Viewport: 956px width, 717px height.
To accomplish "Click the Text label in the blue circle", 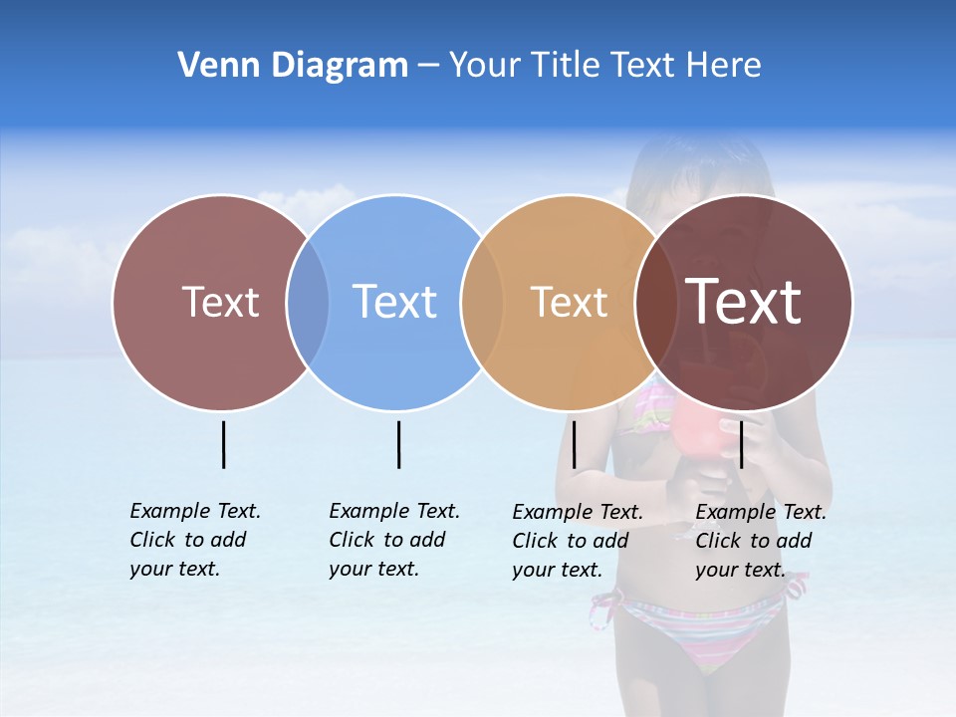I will coord(394,302).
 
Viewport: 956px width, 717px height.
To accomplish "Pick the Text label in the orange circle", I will coord(569,302).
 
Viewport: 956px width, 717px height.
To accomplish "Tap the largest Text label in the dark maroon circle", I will coord(744,301).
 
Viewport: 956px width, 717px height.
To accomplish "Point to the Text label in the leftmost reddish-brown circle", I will coord(220,302).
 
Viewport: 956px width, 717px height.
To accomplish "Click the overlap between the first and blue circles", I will coord(308,302).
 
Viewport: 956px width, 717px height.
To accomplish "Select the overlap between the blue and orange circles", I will coord(482,302).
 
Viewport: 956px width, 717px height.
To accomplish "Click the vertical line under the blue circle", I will coord(398,444).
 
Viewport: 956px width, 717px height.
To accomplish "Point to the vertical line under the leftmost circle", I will coord(224,444).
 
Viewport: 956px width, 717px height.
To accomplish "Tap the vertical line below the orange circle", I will coord(574,444).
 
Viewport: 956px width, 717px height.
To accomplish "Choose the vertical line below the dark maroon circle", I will coord(741,444).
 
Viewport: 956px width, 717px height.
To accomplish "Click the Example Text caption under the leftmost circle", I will coord(194,540).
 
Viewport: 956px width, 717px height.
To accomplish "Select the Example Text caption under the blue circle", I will coord(393,540).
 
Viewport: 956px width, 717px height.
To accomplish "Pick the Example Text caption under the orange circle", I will coord(577,541).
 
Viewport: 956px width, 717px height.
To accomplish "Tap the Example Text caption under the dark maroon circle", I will coord(760,541).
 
